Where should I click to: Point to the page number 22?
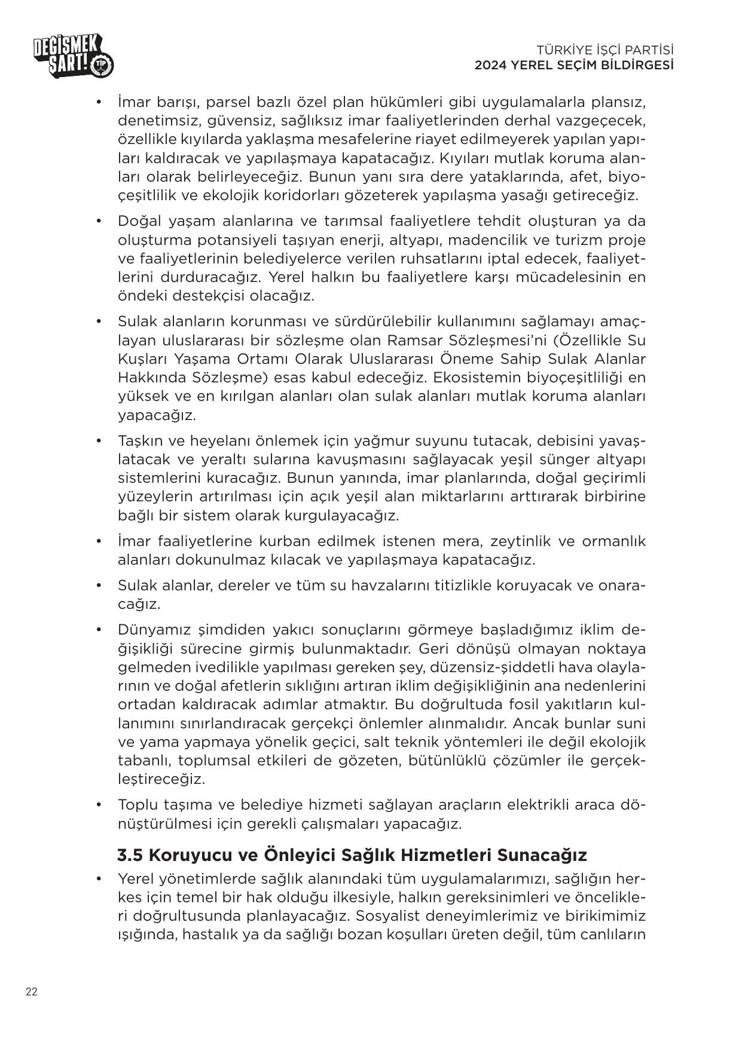tap(32, 992)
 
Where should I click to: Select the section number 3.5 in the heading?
tap(130, 855)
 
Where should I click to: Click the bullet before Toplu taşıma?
tap(99, 805)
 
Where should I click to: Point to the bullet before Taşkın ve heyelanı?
tap(99, 441)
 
